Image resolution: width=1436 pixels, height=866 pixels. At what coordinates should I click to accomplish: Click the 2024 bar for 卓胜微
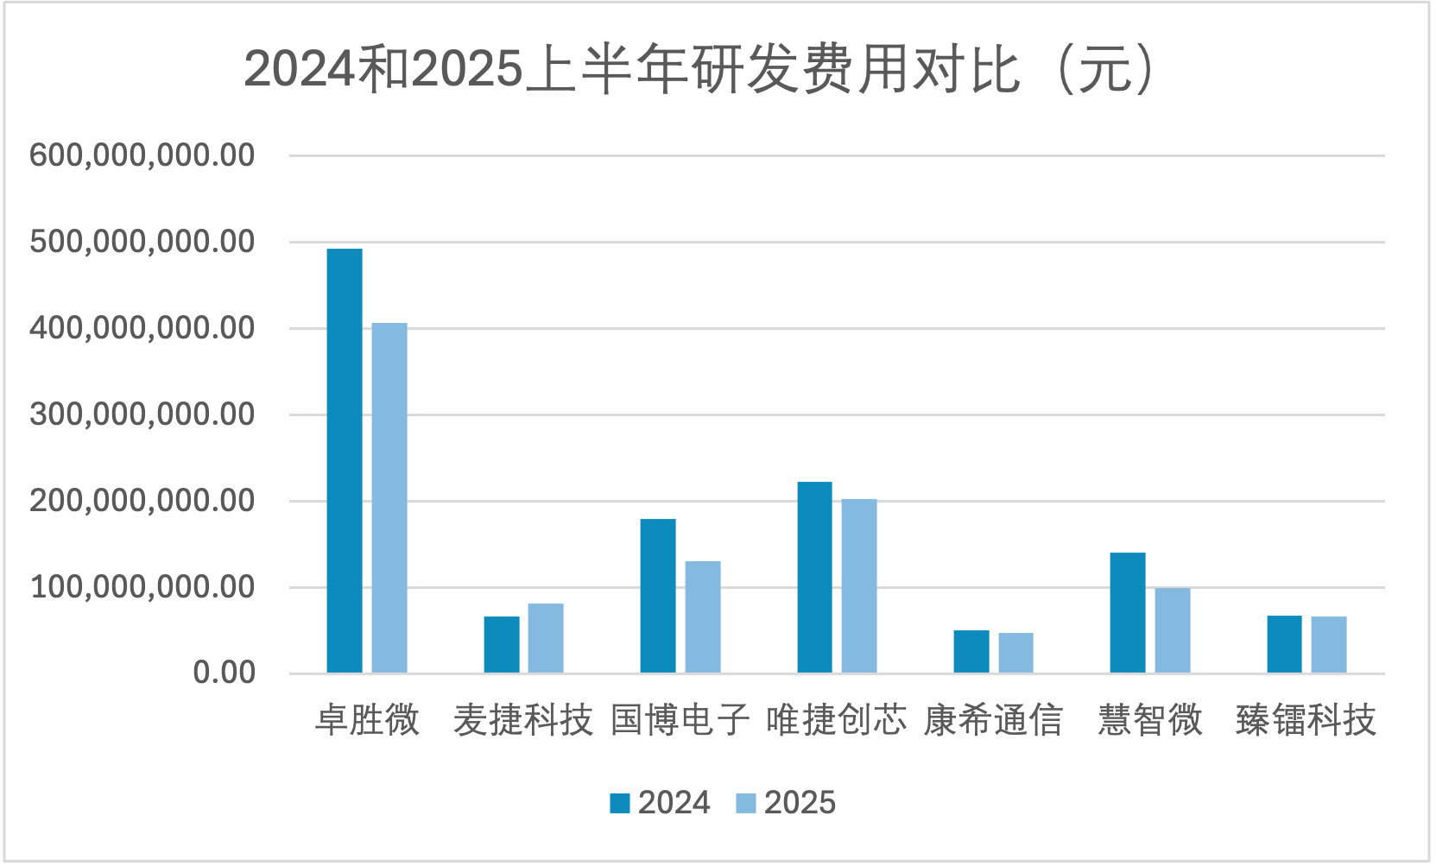point(345,461)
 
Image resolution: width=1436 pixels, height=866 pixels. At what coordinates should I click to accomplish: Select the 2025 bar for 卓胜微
point(389,498)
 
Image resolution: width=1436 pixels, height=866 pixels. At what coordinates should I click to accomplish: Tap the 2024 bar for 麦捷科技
point(502,644)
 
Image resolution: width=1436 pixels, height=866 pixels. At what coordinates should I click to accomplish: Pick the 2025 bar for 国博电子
point(703,617)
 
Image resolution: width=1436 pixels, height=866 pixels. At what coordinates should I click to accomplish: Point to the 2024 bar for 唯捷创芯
point(814,578)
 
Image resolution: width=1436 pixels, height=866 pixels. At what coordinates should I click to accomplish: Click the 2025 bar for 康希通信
point(1015,653)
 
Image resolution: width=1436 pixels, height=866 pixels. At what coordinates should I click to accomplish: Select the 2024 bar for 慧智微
point(1128,613)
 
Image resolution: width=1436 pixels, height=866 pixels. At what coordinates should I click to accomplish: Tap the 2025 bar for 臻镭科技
point(1329,645)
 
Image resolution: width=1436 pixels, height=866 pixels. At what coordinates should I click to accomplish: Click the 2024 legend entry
point(661,803)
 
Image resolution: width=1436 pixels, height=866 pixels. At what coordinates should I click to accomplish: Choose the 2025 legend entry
point(787,803)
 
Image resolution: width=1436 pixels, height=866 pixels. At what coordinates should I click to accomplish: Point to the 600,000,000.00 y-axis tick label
point(142,155)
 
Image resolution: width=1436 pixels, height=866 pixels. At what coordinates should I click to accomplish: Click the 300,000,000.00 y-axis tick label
point(142,414)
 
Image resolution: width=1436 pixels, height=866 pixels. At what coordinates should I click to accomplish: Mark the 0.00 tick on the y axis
point(225,673)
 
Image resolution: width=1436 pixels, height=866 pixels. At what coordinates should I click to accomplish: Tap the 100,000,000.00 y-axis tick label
point(142,587)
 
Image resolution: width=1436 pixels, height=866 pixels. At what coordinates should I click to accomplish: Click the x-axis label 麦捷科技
point(523,719)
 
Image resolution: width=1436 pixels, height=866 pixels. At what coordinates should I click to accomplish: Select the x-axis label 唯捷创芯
point(836,719)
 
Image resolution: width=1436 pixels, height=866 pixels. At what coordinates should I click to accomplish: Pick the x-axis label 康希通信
point(993,719)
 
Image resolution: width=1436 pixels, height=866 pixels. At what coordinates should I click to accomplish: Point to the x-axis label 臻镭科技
point(1306,719)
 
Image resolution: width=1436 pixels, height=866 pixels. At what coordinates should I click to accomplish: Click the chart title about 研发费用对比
point(699,69)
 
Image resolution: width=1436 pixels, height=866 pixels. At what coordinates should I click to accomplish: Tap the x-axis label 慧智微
point(1150,719)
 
